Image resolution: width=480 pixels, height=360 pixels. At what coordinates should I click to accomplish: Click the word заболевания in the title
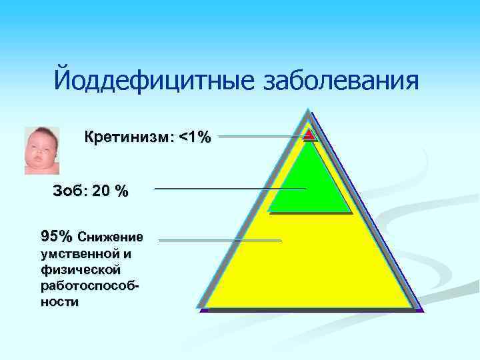pyautogui.click(x=342, y=81)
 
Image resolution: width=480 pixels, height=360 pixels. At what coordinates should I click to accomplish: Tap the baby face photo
pyautogui.click(x=42, y=151)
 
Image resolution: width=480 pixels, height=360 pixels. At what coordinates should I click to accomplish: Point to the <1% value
pyautogui.click(x=195, y=138)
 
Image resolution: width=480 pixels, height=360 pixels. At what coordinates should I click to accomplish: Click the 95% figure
pyautogui.click(x=57, y=236)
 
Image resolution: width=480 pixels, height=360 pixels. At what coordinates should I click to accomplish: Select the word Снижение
pyautogui.click(x=110, y=237)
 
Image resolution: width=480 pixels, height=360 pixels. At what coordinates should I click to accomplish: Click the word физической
pyautogui.click(x=80, y=269)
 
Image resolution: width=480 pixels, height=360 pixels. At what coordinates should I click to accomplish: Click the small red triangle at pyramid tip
pyautogui.click(x=309, y=135)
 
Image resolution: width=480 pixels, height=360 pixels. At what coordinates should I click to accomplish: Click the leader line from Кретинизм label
pyautogui.click(x=260, y=137)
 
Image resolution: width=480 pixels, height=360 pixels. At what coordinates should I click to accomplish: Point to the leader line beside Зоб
pyautogui.click(x=230, y=189)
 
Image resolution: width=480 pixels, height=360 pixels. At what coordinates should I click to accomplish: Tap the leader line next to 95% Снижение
pyautogui.click(x=220, y=240)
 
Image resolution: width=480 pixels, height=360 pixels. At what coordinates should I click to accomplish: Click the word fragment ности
pyautogui.click(x=59, y=301)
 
